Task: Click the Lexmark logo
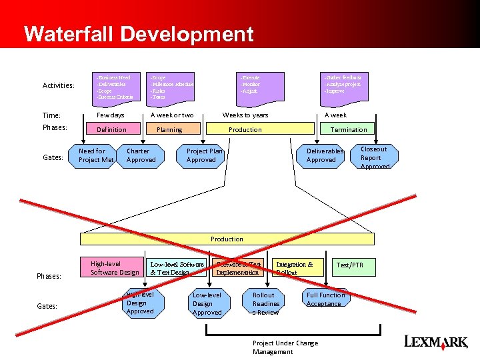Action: (436, 342)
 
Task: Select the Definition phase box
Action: (112, 129)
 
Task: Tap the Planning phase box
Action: (169, 129)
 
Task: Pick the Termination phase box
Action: (348, 129)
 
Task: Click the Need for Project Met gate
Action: (96, 155)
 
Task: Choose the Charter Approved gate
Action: (141, 155)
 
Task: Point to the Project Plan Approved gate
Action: (204, 155)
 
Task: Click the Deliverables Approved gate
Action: (325, 155)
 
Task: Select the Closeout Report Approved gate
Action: (374, 157)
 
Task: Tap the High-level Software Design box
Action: (113, 267)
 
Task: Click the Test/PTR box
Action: (355, 265)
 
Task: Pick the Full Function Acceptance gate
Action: (325, 299)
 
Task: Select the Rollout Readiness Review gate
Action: (265, 303)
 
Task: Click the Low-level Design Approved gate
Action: (207, 303)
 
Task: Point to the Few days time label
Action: (111, 115)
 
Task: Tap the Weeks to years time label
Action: (245, 115)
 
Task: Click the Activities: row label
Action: (59, 85)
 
